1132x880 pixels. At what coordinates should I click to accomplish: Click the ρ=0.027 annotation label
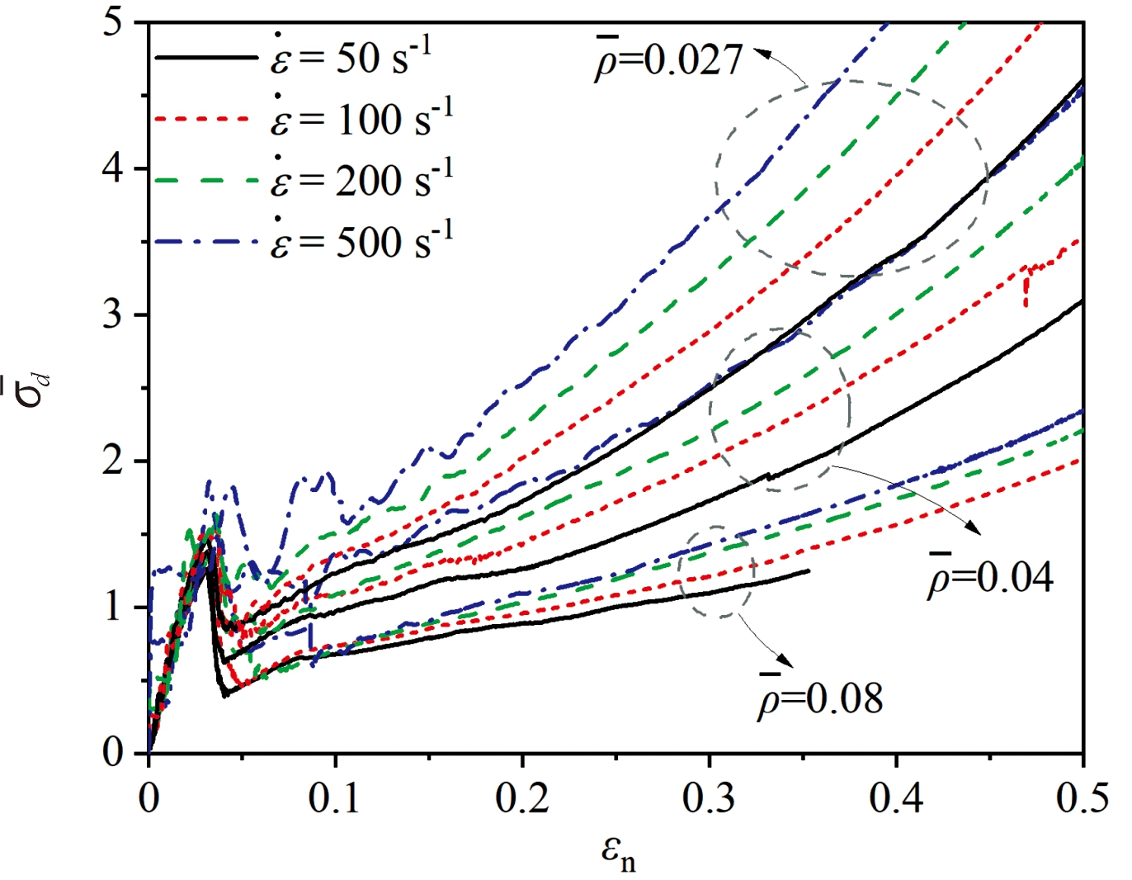point(668,60)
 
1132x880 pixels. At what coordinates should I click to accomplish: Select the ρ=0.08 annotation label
point(820,698)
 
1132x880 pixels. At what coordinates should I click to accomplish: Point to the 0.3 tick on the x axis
point(709,800)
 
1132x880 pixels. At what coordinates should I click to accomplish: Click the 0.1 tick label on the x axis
point(335,800)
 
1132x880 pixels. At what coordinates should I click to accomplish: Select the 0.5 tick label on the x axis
point(1082,800)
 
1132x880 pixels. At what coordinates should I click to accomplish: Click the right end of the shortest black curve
point(809,570)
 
